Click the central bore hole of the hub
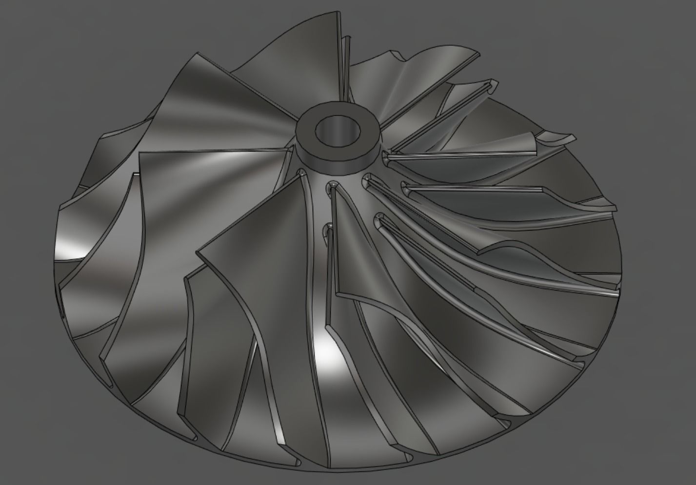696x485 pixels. [x=337, y=131]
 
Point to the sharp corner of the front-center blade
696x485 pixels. [x=198, y=252]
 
